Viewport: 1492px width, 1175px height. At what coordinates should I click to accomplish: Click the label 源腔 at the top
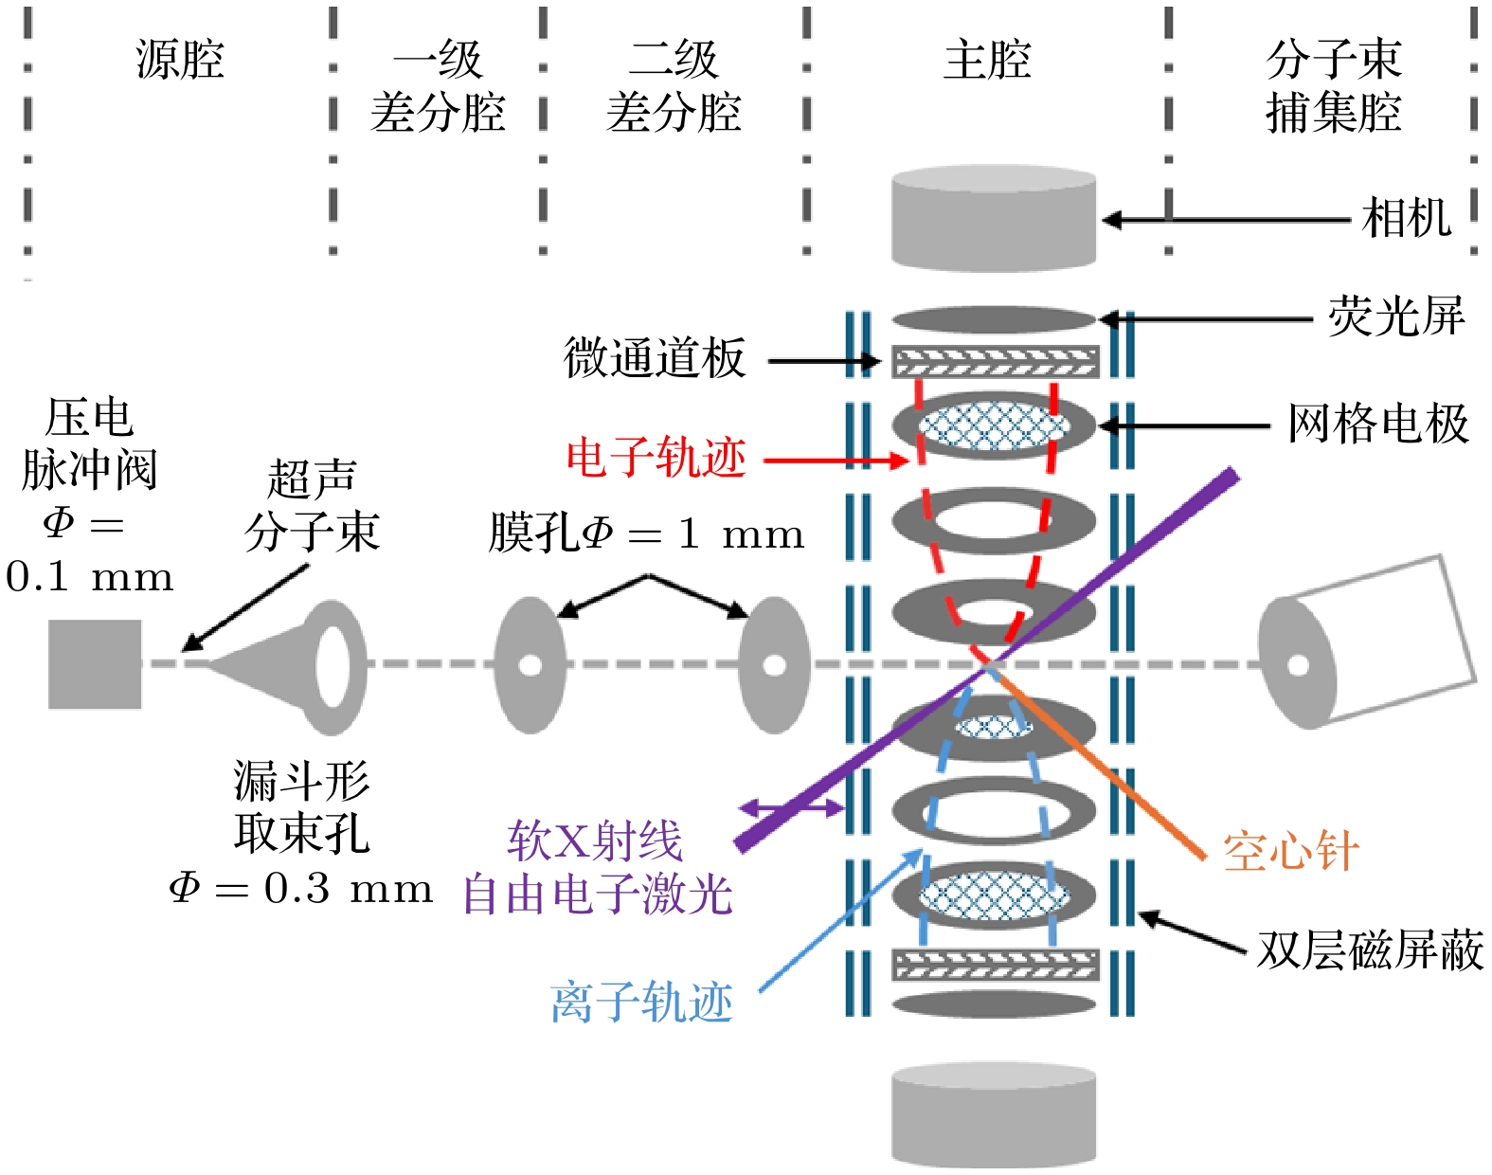tap(180, 60)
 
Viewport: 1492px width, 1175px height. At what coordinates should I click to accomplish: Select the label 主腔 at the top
tap(987, 60)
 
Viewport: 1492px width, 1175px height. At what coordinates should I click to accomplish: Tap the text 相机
tap(1406, 219)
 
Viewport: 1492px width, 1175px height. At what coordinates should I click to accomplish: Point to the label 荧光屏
tap(1395, 316)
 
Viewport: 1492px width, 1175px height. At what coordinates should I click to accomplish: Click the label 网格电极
tap(1377, 424)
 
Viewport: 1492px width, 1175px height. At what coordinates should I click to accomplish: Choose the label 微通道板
tap(655, 358)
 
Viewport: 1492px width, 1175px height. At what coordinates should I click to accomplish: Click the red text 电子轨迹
tap(656, 459)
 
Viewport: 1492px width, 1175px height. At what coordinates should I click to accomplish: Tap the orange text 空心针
tap(1290, 850)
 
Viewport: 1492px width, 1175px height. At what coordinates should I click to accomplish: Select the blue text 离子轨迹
tap(641, 1003)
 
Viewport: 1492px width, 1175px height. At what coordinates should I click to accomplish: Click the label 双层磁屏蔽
tap(1369, 949)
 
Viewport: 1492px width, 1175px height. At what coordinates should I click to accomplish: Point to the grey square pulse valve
tap(95, 664)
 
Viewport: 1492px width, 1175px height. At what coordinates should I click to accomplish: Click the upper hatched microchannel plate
tap(995, 361)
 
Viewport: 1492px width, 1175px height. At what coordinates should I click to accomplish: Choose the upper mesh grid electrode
tap(994, 425)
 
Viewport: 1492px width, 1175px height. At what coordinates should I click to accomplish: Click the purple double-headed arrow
tap(791, 808)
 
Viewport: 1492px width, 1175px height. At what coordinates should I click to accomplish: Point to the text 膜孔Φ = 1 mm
tap(646, 534)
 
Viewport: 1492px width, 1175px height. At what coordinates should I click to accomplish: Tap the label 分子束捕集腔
tap(1333, 86)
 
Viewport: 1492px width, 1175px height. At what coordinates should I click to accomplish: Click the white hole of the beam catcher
tap(1298, 665)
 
